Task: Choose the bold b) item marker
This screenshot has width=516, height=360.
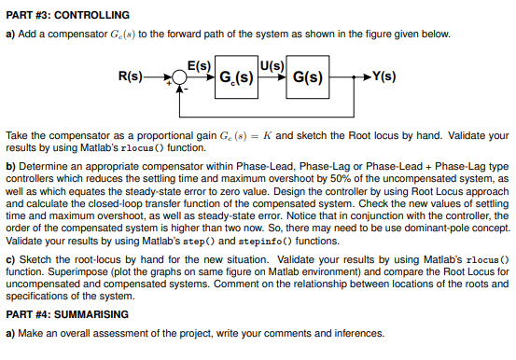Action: [10, 165]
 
